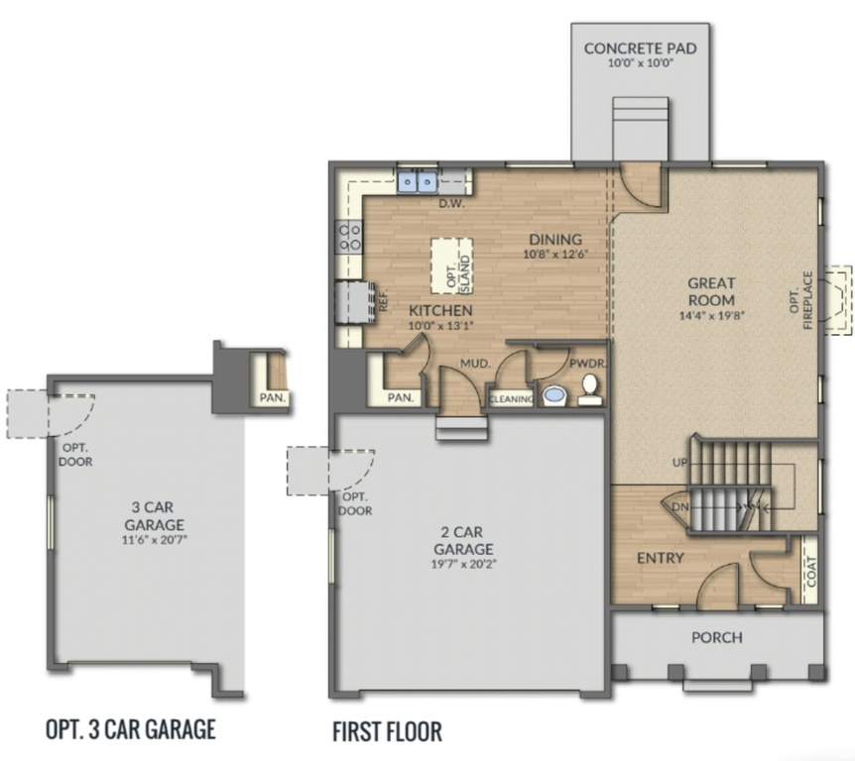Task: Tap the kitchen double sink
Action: tap(419, 182)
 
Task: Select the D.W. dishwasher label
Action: tap(451, 204)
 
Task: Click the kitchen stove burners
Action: tap(350, 236)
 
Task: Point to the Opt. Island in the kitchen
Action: tap(452, 265)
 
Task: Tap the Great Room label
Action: tap(711, 291)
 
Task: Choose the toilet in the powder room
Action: tap(590, 389)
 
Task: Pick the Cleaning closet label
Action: tap(512, 399)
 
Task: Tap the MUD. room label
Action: tap(474, 364)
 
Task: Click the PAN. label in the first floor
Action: tap(401, 397)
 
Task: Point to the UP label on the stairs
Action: tap(678, 463)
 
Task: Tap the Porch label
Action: tap(716, 636)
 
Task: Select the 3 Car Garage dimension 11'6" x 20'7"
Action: tap(154, 541)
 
